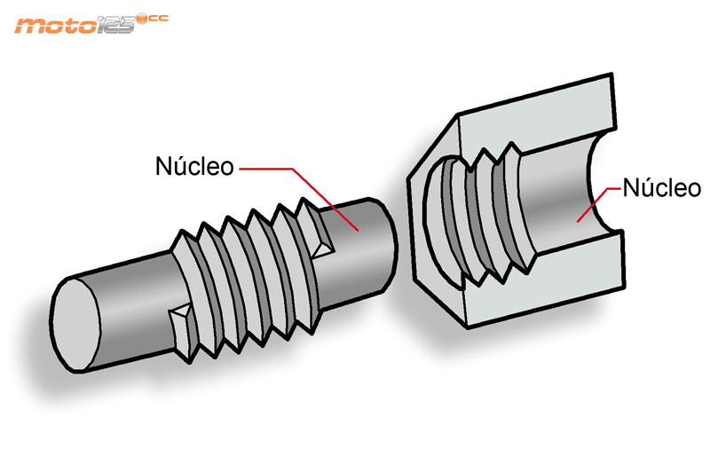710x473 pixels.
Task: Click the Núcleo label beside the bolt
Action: [x=194, y=166]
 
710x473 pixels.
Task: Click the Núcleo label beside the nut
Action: [x=661, y=188]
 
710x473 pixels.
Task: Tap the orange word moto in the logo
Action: [x=55, y=25]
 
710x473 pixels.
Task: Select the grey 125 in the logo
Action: [x=115, y=24]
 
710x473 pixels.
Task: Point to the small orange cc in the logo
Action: [x=158, y=19]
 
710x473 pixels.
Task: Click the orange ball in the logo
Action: [x=142, y=18]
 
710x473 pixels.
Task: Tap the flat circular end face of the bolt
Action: [x=75, y=325]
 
